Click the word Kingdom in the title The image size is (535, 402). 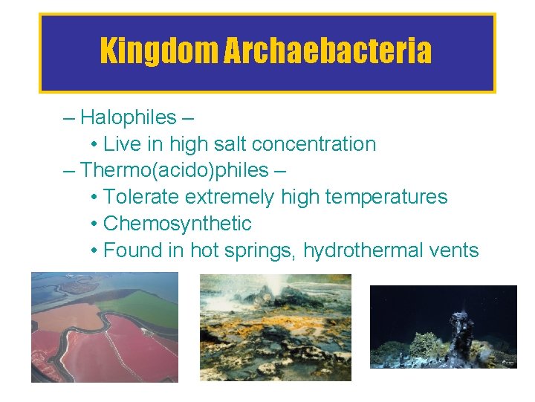[158, 51]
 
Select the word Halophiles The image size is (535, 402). [128, 117]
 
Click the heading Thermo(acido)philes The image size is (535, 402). [174, 170]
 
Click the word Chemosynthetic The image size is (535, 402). [178, 224]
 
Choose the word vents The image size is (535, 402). [454, 250]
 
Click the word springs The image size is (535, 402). [259, 250]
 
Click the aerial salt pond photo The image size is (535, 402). [105, 327]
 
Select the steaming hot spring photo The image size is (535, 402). [275, 327]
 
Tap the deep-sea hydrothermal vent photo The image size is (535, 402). [443, 327]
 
